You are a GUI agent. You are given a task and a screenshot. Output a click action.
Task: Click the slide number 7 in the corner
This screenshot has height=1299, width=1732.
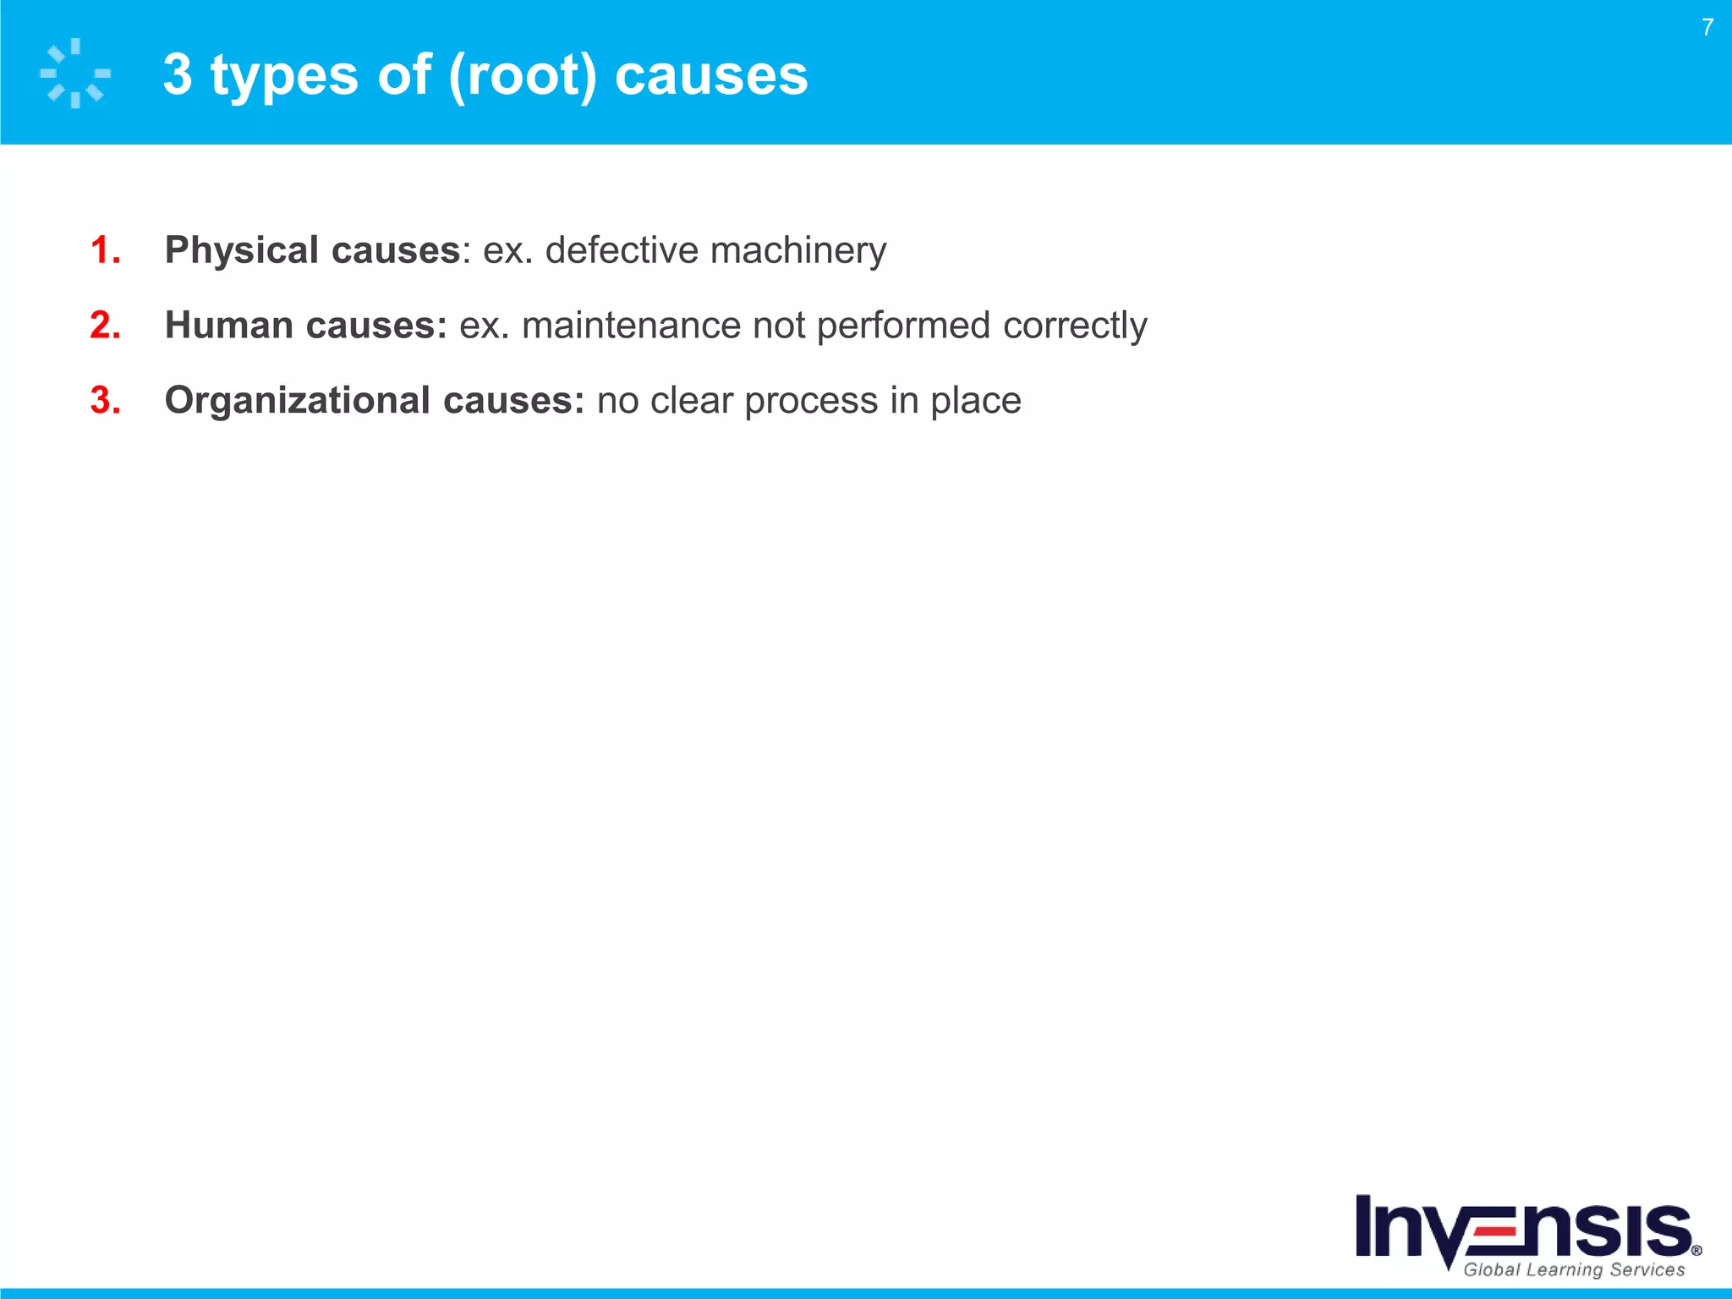pos(1707,28)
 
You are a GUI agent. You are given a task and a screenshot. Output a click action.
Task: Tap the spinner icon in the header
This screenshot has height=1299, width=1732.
pos(75,74)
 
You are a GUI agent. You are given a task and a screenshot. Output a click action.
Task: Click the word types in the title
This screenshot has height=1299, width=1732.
pos(284,76)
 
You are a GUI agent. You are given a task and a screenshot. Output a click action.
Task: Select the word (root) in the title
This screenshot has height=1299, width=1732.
pos(523,75)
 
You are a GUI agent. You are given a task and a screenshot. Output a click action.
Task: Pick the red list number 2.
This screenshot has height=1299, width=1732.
pos(104,326)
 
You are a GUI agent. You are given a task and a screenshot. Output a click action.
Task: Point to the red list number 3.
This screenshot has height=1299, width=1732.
pos(104,401)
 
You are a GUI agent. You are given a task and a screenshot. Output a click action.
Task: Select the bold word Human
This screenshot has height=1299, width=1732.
pos(228,326)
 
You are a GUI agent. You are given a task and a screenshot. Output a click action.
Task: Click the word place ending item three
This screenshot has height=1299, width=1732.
pos(975,402)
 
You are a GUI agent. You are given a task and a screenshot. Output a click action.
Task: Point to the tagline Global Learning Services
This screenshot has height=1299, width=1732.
pos(1574,1269)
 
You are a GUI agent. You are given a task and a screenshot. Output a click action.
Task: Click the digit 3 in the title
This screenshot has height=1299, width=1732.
pos(178,75)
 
